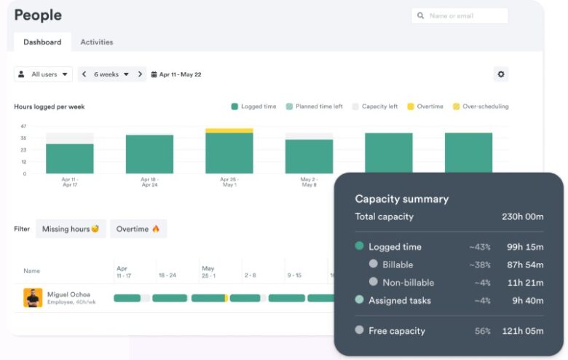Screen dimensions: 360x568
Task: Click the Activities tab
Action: [96, 42]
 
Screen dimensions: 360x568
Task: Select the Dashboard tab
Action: [42, 42]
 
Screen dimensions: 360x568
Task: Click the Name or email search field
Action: [459, 15]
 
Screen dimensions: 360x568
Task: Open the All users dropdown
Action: [44, 74]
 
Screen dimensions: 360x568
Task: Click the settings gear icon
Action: [500, 74]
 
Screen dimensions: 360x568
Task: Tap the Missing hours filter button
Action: [71, 229]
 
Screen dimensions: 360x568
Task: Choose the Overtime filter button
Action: [138, 229]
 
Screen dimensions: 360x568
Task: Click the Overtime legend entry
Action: [425, 106]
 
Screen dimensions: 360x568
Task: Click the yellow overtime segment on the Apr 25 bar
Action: [229, 130]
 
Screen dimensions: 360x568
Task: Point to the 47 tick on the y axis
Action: [23, 126]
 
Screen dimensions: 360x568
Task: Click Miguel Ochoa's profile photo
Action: [33, 297]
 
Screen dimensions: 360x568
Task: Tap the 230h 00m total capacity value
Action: [523, 216]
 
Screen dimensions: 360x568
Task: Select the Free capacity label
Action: [396, 331]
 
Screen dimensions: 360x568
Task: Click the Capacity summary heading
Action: [401, 199]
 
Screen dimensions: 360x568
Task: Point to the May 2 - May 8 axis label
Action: [309, 181]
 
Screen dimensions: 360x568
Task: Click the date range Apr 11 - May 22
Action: [180, 74]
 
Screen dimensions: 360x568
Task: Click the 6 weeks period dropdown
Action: [111, 74]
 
